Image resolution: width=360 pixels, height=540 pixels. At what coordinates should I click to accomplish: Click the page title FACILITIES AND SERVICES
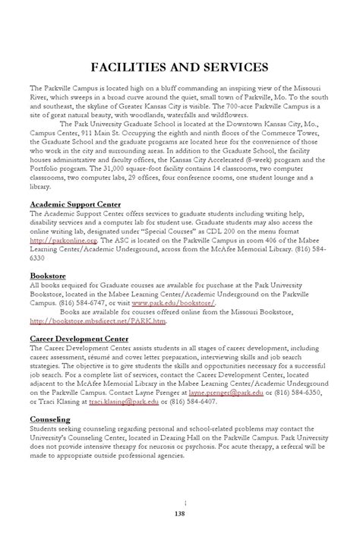[180, 68]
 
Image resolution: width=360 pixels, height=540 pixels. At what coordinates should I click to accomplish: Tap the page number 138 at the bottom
[180, 513]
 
